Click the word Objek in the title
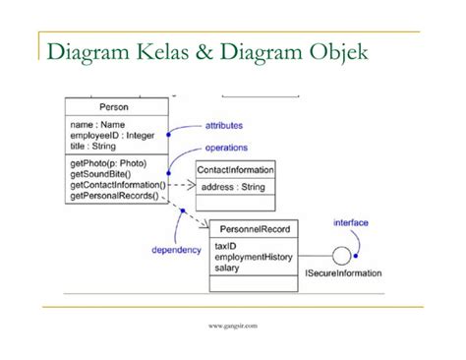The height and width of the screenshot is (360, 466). (332, 50)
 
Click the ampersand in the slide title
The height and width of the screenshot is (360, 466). (210, 50)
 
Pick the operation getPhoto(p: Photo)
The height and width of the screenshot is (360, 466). (108, 162)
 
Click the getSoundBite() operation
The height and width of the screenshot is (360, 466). (99, 173)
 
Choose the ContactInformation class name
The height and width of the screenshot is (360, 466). (236, 170)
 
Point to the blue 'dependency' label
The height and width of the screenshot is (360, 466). (176, 250)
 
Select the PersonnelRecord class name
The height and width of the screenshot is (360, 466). (254, 229)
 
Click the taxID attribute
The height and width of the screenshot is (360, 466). (226, 246)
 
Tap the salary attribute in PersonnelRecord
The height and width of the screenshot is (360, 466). (227, 267)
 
